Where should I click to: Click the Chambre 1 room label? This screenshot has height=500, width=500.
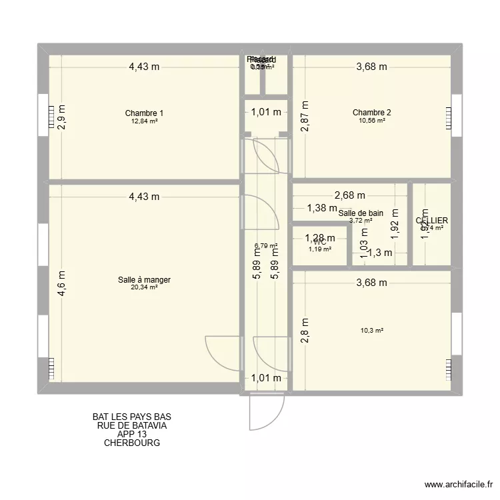[144, 113]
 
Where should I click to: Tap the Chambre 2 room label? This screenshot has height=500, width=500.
[371, 112]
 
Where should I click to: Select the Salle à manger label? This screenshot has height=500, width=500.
[144, 280]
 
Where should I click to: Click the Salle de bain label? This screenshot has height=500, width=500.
[360, 213]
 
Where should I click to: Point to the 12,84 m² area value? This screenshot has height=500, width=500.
[144, 121]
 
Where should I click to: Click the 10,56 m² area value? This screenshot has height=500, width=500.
[371, 121]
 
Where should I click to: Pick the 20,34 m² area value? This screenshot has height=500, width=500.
[144, 288]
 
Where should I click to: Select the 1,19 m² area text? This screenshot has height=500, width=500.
[319, 249]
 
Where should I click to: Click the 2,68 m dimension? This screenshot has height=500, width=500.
[350, 195]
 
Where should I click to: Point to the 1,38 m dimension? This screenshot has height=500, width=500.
[322, 208]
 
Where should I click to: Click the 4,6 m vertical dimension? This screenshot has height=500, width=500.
[61, 283]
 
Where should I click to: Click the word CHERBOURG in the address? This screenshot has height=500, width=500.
[132, 443]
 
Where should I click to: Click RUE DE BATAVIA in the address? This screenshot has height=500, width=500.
[132, 425]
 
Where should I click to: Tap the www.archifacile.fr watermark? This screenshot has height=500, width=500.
[457, 485]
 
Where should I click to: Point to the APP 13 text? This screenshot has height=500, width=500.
[132, 434]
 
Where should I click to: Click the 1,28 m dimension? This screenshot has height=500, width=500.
[319, 238]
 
